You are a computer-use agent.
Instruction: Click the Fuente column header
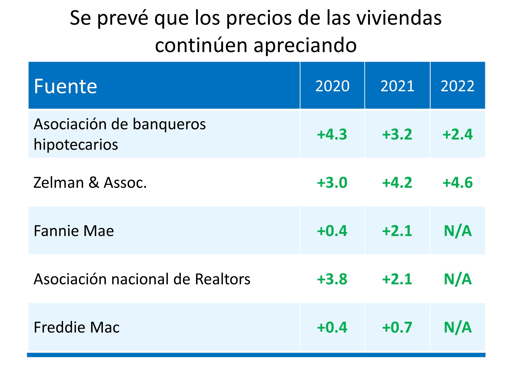[66, 86]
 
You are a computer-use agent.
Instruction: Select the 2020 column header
[332, 86]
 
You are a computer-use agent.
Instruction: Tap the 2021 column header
[397, 86]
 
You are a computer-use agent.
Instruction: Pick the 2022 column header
[457, 86]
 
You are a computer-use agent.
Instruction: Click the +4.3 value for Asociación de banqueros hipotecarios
[332, 134]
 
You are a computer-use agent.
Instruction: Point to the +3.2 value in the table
[397, 134]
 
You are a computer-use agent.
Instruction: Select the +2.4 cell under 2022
[457, 134]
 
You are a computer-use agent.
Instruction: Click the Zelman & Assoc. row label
[90, 183]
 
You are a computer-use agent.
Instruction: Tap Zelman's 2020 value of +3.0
[332, 183]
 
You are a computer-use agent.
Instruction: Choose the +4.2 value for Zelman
[397, 183]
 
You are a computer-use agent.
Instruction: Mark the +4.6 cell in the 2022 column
[457, 183]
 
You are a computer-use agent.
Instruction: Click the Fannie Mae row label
[74, 231]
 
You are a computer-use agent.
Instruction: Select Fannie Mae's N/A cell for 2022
[457, 231]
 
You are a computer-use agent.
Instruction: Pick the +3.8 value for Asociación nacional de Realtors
[332, 279]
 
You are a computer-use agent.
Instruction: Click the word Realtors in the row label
[222, 279]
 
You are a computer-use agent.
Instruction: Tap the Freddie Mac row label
[77, 327]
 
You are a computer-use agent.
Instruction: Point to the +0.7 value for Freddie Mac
[397, 327]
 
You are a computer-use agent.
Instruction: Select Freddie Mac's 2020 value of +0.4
[332, 327]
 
